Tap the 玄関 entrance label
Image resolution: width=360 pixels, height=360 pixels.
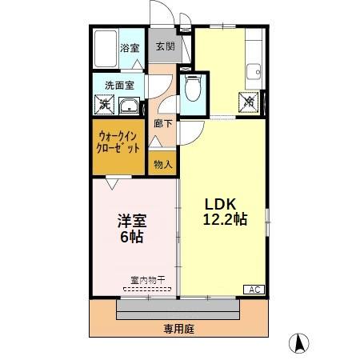[x=164, y=46]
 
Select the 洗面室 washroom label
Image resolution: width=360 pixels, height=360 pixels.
[x=114, y=85]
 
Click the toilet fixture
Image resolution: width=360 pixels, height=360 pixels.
[x=191, y=90]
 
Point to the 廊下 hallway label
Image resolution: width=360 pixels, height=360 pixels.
[x=163, y=123]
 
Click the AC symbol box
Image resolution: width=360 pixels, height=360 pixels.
[x=254, y=290]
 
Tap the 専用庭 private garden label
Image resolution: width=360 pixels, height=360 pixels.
[x=179, y=329]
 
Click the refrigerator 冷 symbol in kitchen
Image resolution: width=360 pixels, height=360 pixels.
[x=250, y=101]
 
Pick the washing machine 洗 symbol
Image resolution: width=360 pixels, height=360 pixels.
[x=104, y=103]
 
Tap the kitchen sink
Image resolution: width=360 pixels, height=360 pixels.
[x=255, y=70]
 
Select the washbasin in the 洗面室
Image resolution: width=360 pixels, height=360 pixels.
[x=128, y=103]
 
